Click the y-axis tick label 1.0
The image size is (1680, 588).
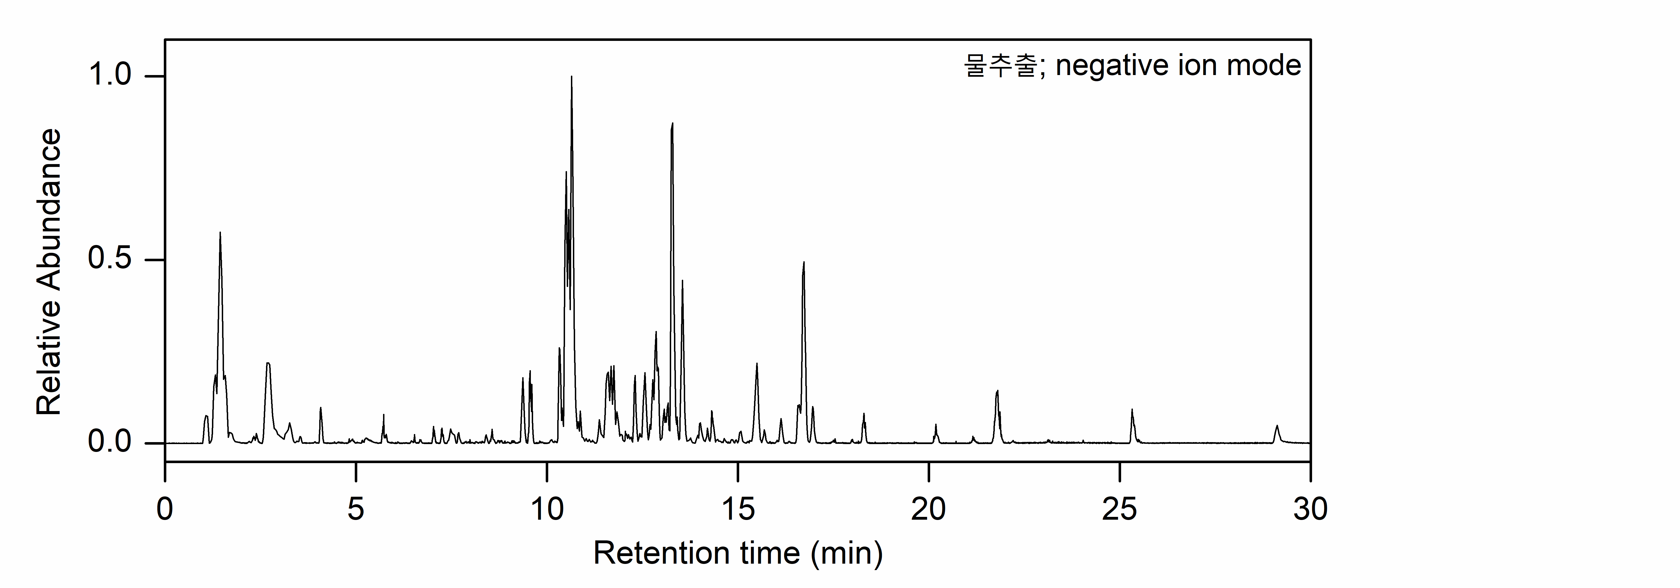click(109, 76)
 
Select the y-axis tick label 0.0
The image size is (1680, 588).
click(109, 443)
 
